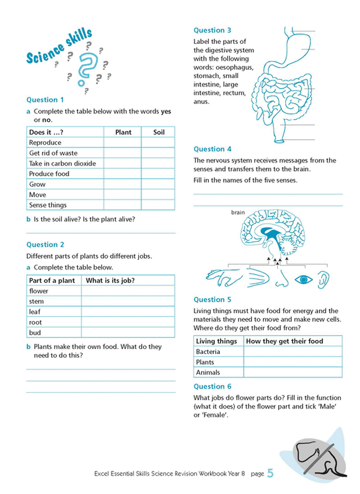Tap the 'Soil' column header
pyautogui.click(x=158, y=132)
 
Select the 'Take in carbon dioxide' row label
pyautogui.click(x=62, y=163)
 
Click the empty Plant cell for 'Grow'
pyautogui.click(x=122, y=184)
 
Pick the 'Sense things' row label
pyautogui.click(x=48, y=205)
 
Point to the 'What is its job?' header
pyautogui.click(x=110, y=281)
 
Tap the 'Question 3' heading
pyautogui.click(x=213, y=30)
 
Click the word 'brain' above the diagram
pyautogui.click(x=238, y=213)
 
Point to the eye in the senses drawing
pyautogui.click(x=303, y=279)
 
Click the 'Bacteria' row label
pyautogui.click(x=208, y=352)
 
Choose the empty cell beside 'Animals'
pyautogui.click(x=292, y=372)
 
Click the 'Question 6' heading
pyautogui.click(x=213, y=387)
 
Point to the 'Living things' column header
pyautogui.click(x=217, y=341)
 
